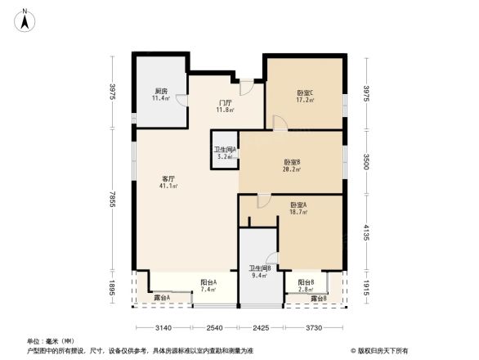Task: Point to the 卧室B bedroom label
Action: click(292, 162)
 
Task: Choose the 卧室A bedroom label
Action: click(298, 205)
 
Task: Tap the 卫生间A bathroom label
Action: click(225, 150)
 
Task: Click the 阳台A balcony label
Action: click(208, 283)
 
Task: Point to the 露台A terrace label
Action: click(163, 298)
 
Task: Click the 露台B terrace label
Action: click(319, 299)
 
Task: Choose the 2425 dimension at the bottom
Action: click(259, 327)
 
